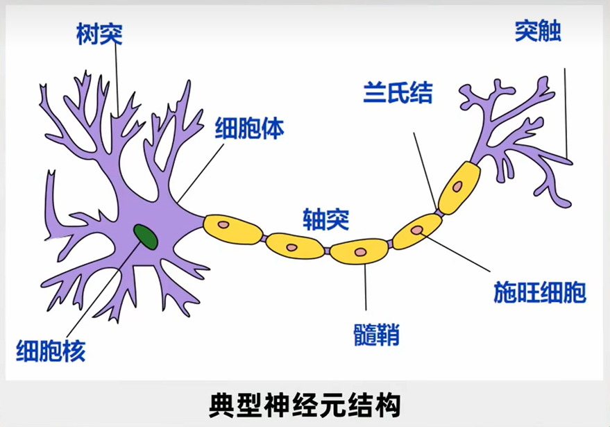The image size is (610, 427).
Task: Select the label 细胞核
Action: pyautogui.click(x=51, y=351)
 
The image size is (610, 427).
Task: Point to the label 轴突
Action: pyautogui.click(x=325, y=220)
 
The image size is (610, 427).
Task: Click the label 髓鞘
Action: pyautogui.click(x=376, y=336)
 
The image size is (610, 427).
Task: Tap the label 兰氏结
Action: pyautogui.click(x=398, y=92)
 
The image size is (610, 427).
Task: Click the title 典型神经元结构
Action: pyautogui.click(x=305, y=405)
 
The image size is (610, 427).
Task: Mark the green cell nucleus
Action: pyautogui.click(x=146, y=236)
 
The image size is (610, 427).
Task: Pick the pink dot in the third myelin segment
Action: pyautogui.click(x=359, y=251)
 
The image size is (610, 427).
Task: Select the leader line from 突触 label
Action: pyautogui.click(x=566, y=111)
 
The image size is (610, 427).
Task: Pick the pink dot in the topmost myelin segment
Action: pyautogui.click(x=459, y=187)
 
